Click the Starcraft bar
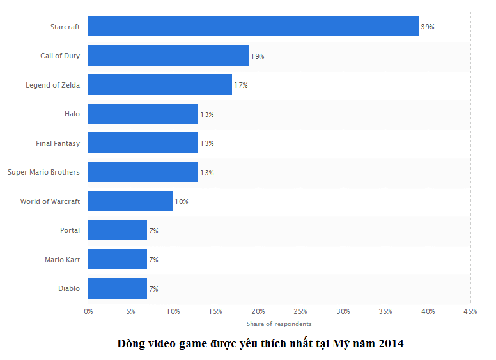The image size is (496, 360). pyautogui.click(x=253, y=27)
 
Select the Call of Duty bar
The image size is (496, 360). pyautogui.click(x=168, y=56)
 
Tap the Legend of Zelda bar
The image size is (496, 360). pyautogui.click(x=160, y=85)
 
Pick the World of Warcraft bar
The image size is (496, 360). pyautogui.click(x=130, y=201)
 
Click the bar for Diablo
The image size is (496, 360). pyautogui.click(x=118, y=288)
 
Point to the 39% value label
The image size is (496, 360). pyautogui.click(x=428, y=27)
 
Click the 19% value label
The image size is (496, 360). pyautogui.click(x=258, y=56)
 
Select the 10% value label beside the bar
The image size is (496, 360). pyautogui.click(x=182, y=201)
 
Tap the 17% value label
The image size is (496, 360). pyautogui.click(x=241, y=85)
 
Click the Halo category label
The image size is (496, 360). pyautogui.click(x=72, y=114)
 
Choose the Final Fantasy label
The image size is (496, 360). pyautogui.click(x=58, y=143)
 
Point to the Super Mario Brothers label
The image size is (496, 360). pyautogui.click(x=43, y=172)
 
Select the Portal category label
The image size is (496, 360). pyautogui.click(x=70, y=230)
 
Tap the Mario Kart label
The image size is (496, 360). pyautogui.click(x=63, y=260)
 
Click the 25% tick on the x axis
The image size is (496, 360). pyautogui.click(x=300, y=311)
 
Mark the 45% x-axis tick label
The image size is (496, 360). pyautogui.click(x=470, y=311)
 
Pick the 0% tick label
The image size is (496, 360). pyautogui.click(x=88, y=311)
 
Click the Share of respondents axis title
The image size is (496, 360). pyautogui.click(x=279, y=324)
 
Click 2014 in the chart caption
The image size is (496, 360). pyautogui.click(x=390, y=343)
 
